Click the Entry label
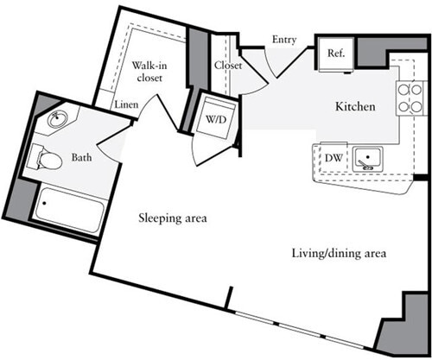tap(284, 40)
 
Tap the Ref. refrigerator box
tap(336, 54)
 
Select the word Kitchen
tap(355, 107)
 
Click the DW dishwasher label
tap(333, 158)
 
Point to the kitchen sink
tap(371, 158)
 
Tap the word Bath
tap(82, 159)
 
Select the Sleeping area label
tap(173, 218)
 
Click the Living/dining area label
tap(337, 254)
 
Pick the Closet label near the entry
tap(228, 65)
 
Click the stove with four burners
tap(406, 98)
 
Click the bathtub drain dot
tap(45, 205)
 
